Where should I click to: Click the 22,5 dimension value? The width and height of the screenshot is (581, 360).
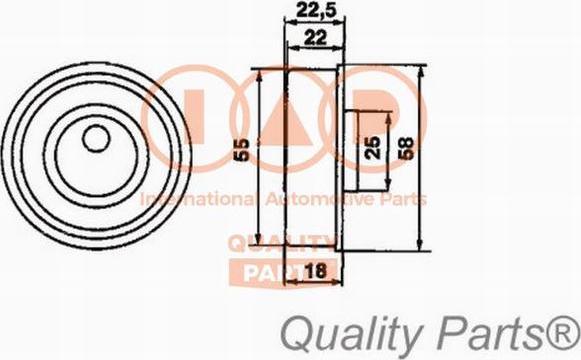309,13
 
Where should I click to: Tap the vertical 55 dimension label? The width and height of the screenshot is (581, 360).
241,152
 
